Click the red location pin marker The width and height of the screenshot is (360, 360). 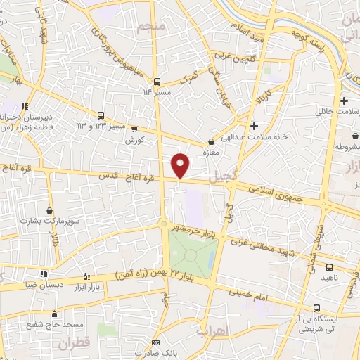(x=181, y=165)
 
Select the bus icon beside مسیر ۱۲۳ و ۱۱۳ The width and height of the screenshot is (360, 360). (x=101, y=115)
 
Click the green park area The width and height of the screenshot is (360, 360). (x=191, y=253)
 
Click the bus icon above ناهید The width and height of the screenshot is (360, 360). (x=330, y=267)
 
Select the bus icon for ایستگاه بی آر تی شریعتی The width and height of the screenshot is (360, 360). (x=316, y=308)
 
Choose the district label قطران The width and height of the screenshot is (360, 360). (x=75, y=345)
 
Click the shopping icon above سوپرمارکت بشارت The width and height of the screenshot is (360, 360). (x=49, y=210)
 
